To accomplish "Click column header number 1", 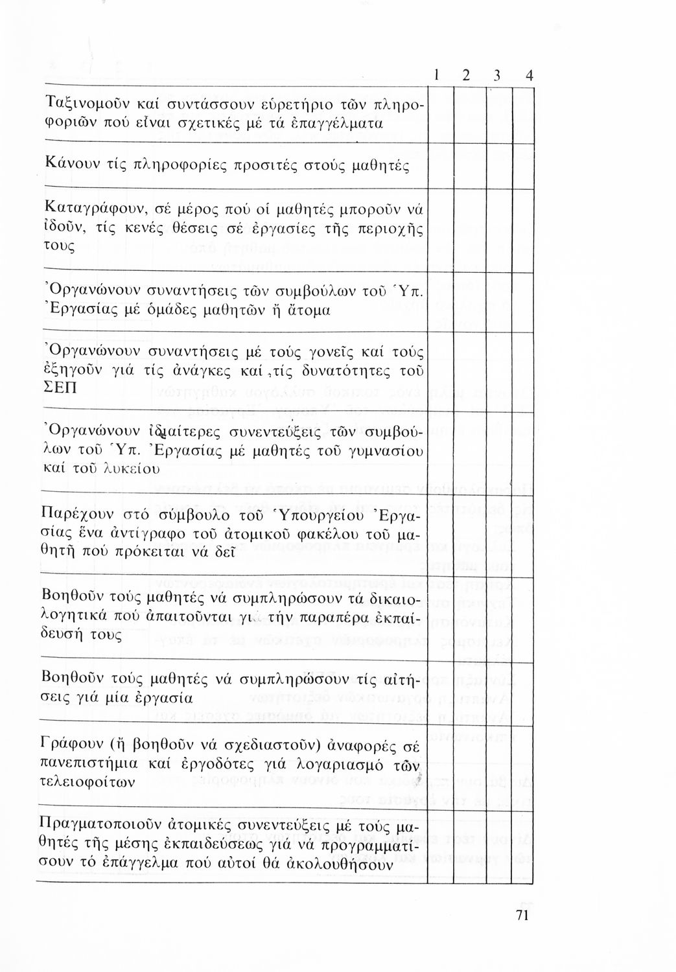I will click(438, 76).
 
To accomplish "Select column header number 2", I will click(467, 76).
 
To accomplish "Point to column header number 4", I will click(530, 76).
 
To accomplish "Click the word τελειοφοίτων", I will click(88, 781).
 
